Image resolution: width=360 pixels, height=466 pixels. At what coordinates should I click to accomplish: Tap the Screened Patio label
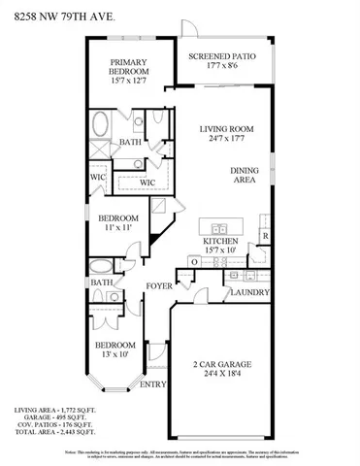click(222, 57)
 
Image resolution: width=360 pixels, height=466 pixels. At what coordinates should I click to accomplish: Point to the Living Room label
click(226, 128)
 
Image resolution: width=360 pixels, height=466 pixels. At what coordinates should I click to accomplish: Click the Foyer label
click(159, 285)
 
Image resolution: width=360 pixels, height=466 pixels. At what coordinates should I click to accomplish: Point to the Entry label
click(153, 384)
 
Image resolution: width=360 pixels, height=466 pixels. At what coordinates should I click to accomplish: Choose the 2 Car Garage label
click(220, 366)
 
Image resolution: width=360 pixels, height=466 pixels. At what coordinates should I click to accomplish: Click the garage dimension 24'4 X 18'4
click(220, 378)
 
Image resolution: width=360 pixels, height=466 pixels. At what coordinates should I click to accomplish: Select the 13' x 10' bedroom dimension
click(115, 355)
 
